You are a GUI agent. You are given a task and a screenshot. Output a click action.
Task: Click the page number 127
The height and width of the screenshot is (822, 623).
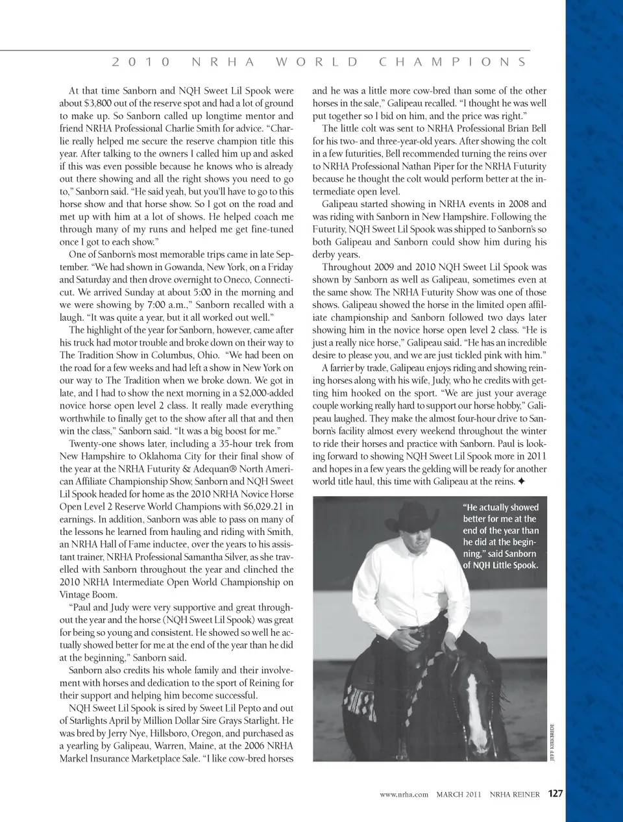click(x=556, y=793)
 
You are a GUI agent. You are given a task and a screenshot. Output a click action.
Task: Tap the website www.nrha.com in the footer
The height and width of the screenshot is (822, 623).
click(x=404, y=794)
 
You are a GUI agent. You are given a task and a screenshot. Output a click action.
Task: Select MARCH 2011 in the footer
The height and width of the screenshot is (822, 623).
click(x=458, y=794)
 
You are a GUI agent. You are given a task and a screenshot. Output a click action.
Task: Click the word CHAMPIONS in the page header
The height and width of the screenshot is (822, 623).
click(x=452, y=62)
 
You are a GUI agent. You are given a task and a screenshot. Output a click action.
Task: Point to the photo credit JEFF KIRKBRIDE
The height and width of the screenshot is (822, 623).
click(x=552, y=740)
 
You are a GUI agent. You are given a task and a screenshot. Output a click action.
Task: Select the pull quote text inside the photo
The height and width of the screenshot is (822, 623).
click(x=500, y=536)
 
